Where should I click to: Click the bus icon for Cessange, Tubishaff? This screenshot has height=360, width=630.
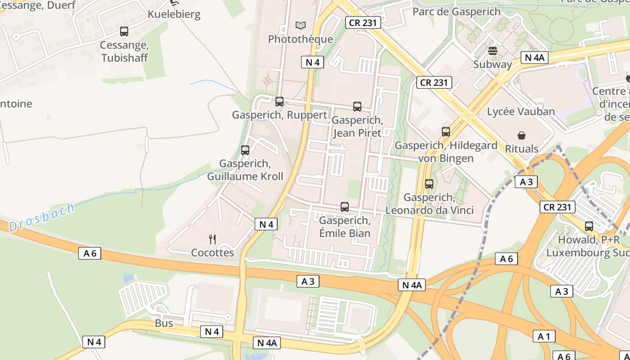(x=124, y=31)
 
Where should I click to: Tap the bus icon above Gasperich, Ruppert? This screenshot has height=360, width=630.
(x=279, y=102)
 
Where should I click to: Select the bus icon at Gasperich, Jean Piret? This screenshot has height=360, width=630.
(x=357, y=107)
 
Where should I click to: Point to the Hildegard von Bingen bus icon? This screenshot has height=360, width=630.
(x=446, y=132)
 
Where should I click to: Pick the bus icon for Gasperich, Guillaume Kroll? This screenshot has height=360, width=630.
(x=245, y=150)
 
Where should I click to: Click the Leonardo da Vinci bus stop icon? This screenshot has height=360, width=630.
(x=429, y=184)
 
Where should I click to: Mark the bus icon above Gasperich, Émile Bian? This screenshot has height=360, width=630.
(x=345, y=207)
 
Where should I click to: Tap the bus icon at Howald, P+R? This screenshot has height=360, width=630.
(x=589, y=226)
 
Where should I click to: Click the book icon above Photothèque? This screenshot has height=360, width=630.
(x=300, y=26)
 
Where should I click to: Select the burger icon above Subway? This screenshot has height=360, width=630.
(x=493, y=50)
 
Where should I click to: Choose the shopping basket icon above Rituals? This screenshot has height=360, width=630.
(x=522, y=135)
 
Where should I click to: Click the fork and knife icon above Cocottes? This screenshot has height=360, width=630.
(x=212, y=239)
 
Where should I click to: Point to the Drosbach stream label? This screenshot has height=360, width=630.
(x=42, y=217)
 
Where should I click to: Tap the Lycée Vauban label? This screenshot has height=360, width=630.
(x=521, y=111)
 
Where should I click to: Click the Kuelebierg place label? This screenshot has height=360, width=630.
(x=174, y=14)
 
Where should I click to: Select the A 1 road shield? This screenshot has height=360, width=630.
(x=544, y=336)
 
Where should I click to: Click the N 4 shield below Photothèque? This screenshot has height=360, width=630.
(x=312, y=62)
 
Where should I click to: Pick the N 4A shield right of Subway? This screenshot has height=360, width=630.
(x=535, y=57)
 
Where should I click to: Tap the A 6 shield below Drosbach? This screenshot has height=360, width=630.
(x=90, y=253)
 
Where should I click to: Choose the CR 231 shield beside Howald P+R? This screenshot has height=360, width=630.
(x=558, y=207)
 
